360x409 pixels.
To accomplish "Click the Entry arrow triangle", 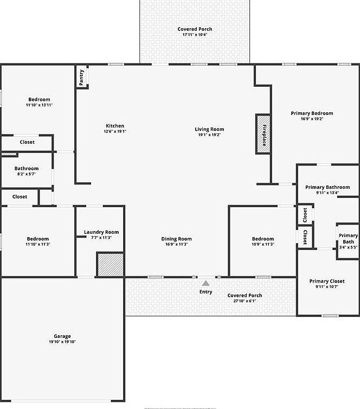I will coord(205,283).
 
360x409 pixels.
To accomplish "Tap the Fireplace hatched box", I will coord(263,134).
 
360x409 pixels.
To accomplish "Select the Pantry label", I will coord(81,77).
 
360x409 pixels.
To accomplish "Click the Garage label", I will coord(62,336).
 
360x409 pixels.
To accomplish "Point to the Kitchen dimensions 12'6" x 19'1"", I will coord(115,131).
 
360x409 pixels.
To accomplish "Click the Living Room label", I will coord(209,129).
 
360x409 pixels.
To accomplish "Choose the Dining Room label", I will coord(176,239).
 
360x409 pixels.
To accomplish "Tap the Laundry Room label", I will coord(101,232).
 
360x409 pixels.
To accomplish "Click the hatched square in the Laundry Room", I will coord(110,264).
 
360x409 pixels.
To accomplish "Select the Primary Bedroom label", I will coord(312,113).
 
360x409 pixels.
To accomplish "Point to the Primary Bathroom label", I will coord(327,187).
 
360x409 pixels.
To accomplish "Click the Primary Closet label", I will coord(327,281).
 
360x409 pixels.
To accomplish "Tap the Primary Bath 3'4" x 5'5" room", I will coord(348,241).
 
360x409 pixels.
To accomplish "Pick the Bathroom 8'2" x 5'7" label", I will coord(27,169).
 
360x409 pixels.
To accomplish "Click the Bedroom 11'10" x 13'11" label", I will coord(39,99).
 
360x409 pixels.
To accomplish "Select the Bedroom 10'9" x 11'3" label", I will coord(263,239).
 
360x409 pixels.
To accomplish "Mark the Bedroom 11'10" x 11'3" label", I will coord(38,239).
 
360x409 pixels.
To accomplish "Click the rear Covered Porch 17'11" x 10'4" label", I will coord(195,29).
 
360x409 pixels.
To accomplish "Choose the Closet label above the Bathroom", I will coord(27,142).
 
